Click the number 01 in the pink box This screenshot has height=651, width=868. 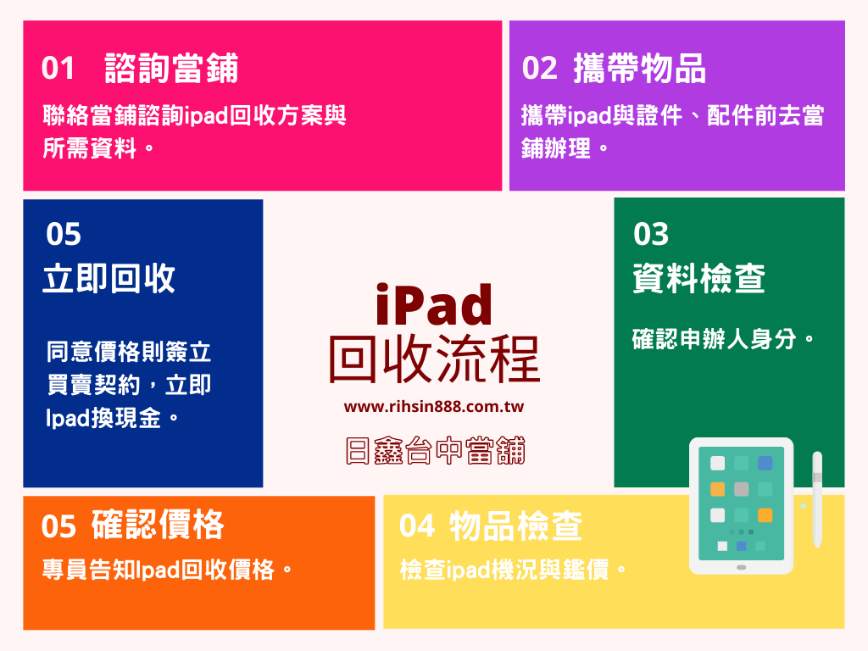(x=58, y=69)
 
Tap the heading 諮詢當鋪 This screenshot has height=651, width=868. (x=171, y=69)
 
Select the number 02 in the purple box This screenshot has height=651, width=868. (x=539, y=69)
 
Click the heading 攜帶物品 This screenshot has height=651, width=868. (x=639, y=69)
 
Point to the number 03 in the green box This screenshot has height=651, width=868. (x=651, y=234)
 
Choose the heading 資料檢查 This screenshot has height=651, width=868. (x=698, y=278)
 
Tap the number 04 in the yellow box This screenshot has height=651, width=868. (x=417, y=526)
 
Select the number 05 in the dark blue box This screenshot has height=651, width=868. (x=64, y=234)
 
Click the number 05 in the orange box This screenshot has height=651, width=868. (x=58, y=526)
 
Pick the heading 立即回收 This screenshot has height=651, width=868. (x=108, y=278)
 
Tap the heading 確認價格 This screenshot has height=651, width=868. (x=158, y=526)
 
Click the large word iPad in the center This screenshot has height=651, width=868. (x=433, y=305)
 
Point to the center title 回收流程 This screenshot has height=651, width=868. (x=434, y=359)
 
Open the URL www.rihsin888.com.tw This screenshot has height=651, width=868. (x=434, y=407)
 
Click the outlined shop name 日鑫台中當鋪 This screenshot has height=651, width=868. (x=435, y=451)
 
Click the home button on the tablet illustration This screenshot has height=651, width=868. (x=741, y=567)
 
